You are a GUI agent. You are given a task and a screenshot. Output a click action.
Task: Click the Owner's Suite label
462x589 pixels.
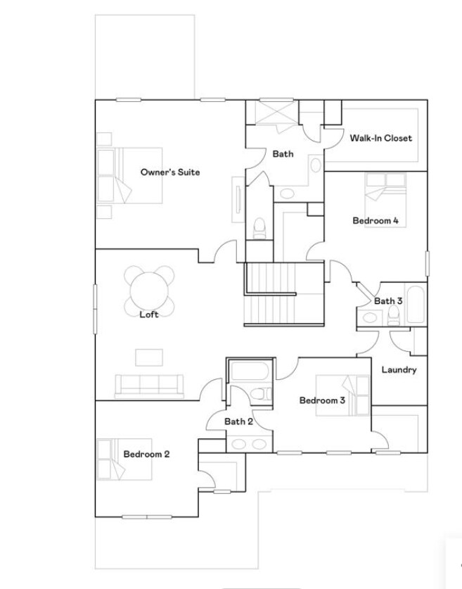170,172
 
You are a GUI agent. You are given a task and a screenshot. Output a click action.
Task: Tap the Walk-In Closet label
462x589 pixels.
381,138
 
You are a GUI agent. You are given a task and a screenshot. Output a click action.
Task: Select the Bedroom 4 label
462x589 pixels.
376,221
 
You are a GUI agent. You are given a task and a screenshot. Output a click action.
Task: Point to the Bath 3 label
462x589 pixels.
388,301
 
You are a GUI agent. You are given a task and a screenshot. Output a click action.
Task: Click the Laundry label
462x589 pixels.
399,370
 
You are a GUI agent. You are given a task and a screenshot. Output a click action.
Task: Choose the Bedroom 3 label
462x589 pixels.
322,401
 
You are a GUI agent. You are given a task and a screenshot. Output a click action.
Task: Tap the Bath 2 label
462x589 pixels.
238,422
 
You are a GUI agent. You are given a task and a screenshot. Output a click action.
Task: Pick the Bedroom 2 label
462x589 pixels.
146,454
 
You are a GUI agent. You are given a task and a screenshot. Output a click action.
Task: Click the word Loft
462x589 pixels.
149,315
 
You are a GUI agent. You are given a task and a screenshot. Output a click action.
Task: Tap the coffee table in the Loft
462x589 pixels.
149,357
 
